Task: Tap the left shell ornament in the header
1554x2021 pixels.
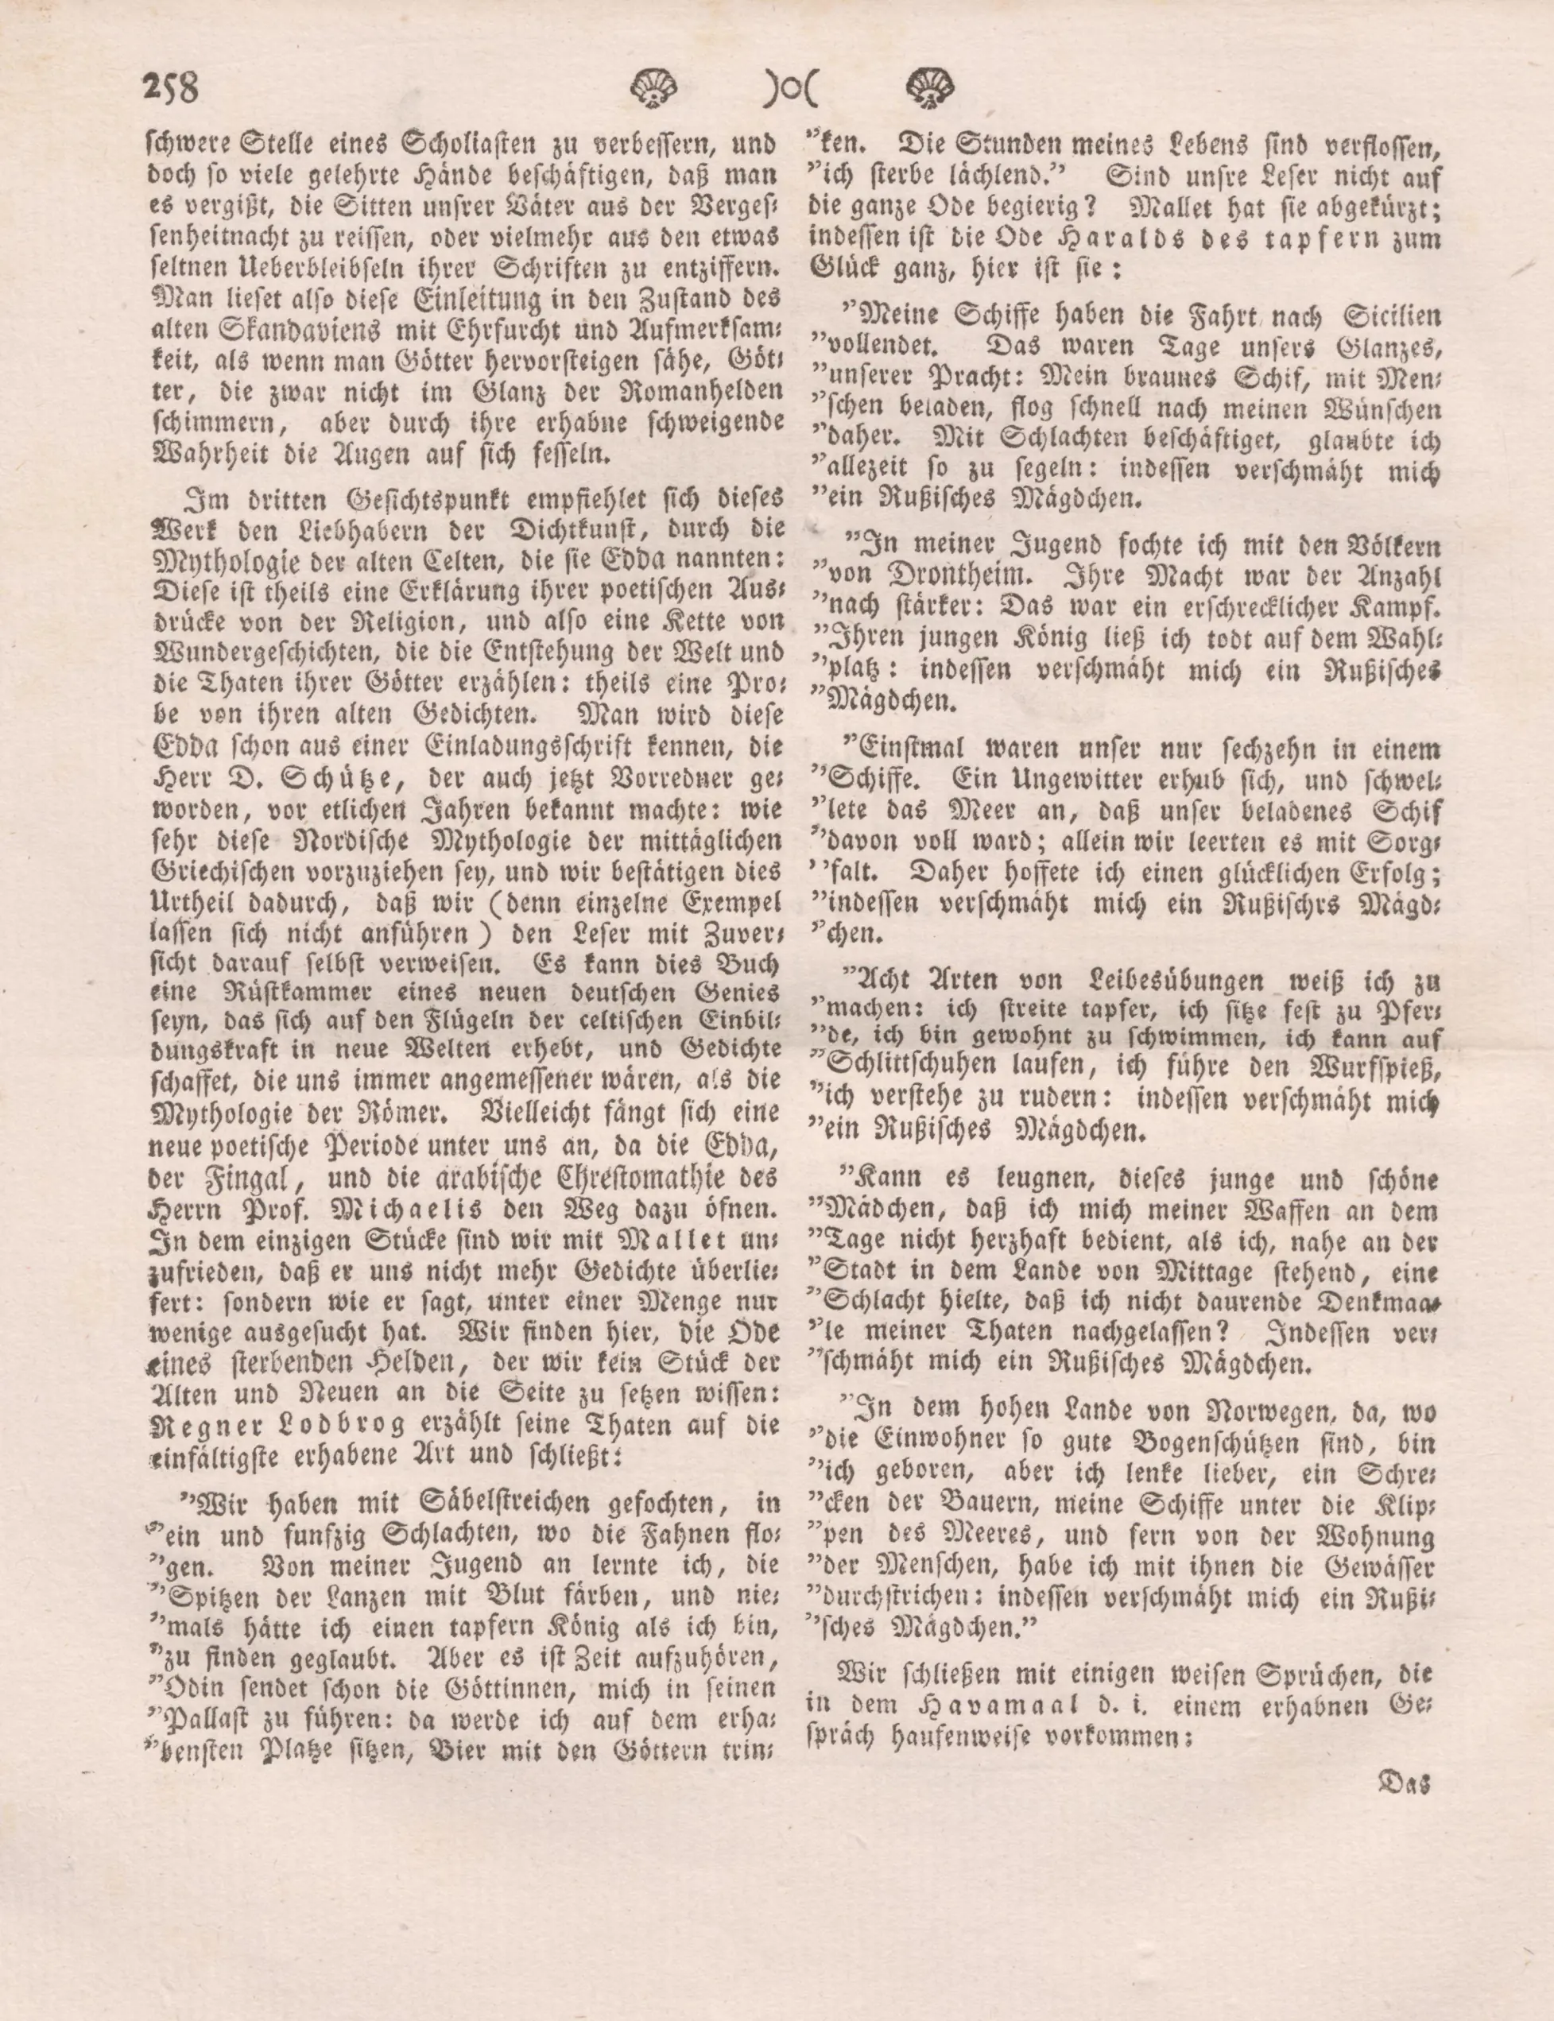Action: tap(654, 90)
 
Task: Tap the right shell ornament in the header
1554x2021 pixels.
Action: tap(930, 90)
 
